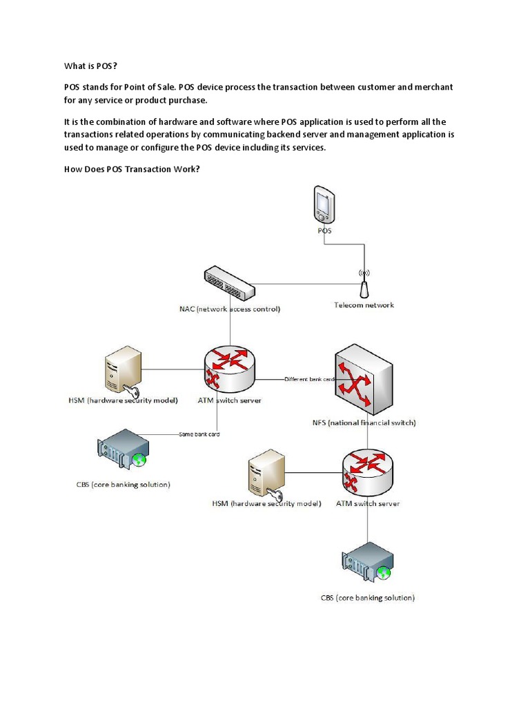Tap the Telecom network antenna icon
(364, 282)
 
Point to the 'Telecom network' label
(364, 304)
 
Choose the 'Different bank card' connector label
(310, 379)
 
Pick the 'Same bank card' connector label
(199, 434)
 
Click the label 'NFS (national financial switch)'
(364, 422)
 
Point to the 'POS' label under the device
(324, 231)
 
